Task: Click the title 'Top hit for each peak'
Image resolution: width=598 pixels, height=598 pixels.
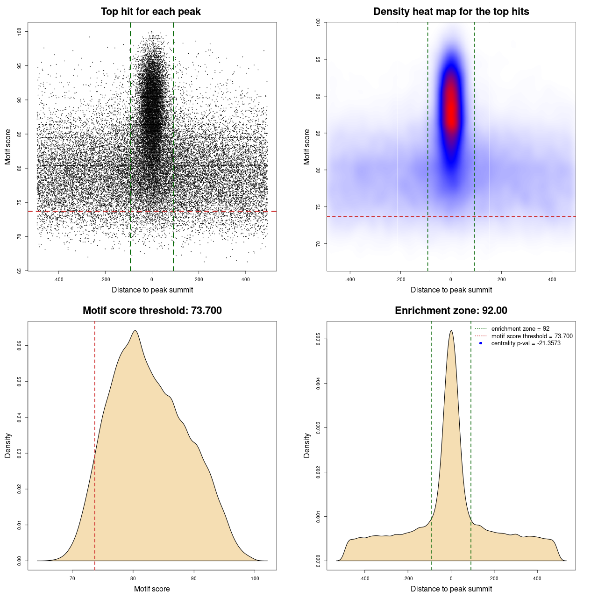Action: coord(150,12)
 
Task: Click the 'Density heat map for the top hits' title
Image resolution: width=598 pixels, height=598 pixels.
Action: coord(451,12)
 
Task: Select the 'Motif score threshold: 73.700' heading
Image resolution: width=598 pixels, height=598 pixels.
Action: coord(152,311)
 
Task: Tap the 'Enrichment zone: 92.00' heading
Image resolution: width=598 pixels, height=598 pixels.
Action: coord(451,311)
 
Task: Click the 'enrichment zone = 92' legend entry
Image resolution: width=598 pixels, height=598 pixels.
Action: coord(520,329)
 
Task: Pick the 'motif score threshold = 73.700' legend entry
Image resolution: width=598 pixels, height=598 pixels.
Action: coord(532,336)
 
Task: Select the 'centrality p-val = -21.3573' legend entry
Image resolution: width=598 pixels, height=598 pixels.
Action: coord(526,343)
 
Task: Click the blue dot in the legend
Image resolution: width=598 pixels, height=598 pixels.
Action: coord(481,343)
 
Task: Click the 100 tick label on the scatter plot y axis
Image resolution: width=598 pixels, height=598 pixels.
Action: coord(19,31)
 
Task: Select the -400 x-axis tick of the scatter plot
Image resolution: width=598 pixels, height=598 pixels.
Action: coord(58,279)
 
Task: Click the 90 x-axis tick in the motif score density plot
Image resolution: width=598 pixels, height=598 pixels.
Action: coord(194,578)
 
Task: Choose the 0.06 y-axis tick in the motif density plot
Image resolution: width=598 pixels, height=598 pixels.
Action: coord(19,346)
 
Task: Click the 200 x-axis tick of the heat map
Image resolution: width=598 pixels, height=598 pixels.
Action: coord(501,279)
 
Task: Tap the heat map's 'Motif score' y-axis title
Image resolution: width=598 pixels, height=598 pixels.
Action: coord(306,147)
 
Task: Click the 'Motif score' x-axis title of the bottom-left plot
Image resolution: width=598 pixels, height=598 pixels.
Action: coord(152,589)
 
